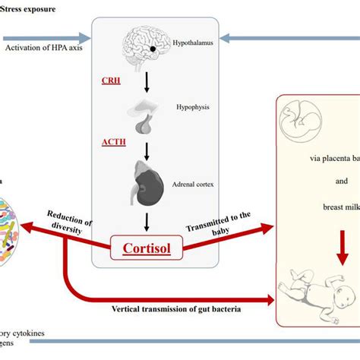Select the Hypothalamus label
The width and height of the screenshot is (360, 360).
pos(194,45)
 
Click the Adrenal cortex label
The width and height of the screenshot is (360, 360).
pos(200,182)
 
